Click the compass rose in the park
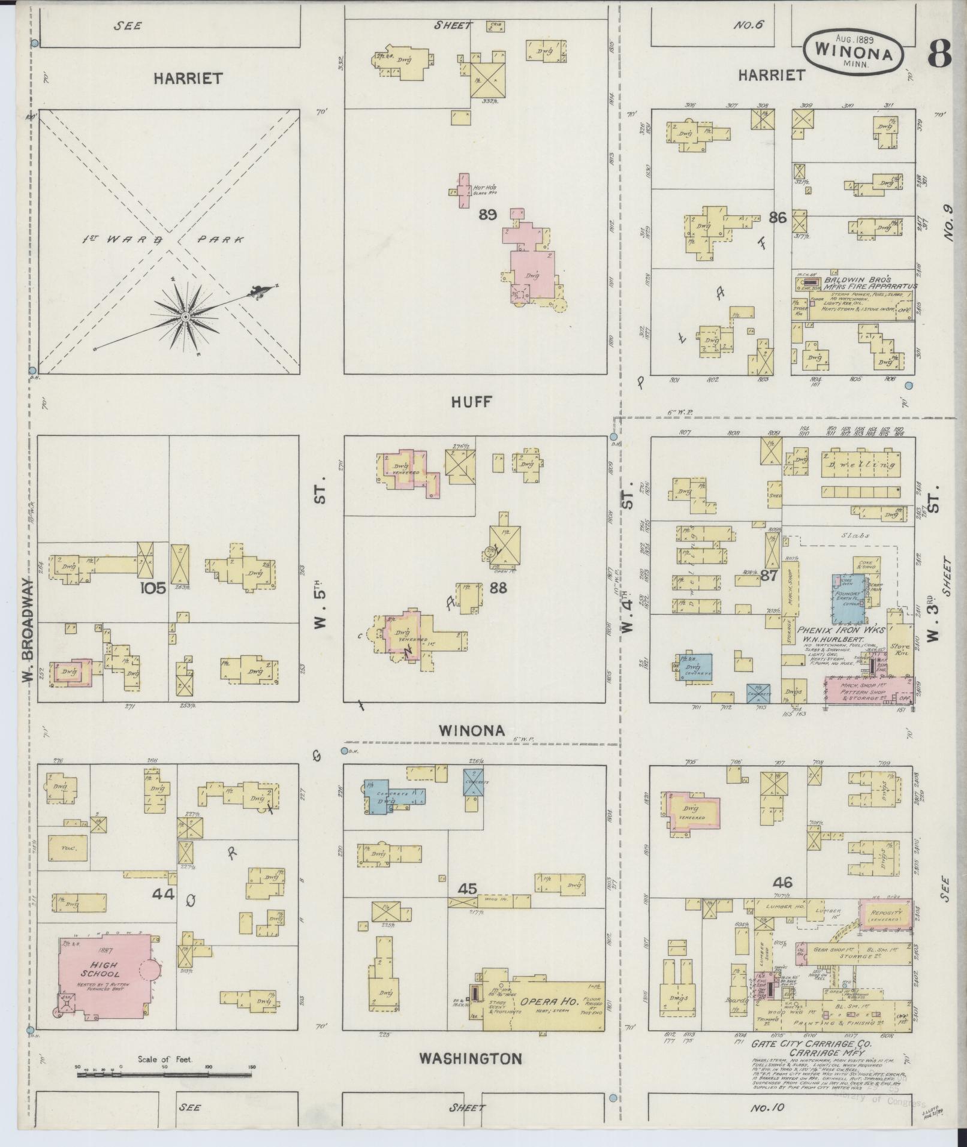(186, 316)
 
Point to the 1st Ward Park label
(163, 240)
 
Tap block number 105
(153, 588)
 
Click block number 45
(467, 889)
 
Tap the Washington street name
(470, 1058)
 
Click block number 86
(777, 218)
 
